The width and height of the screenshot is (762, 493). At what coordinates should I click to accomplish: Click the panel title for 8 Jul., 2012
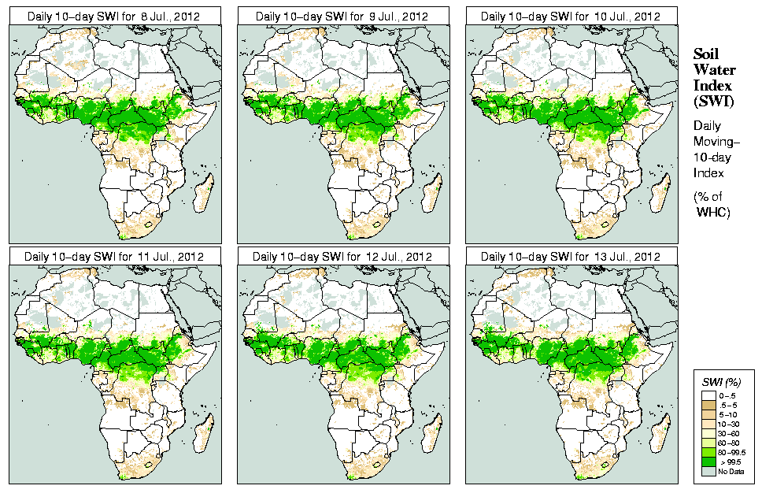point(114,17)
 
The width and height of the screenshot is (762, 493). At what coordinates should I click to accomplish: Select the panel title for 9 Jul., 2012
point(342,17)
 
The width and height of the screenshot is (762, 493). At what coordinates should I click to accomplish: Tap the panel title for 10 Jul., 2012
point(571,17)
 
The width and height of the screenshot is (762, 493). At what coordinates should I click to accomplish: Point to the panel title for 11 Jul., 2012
point(114,256)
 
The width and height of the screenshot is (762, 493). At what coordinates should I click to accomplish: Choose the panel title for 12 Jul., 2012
point(342,256)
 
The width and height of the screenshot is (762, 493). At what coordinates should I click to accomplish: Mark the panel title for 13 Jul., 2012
point(571,256)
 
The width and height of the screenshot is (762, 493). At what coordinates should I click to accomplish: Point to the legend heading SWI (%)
point(721,382)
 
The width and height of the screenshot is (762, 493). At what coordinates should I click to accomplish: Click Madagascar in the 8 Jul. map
point(202,195)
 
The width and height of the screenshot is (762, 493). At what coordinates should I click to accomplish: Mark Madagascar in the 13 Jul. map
point(659,435)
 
